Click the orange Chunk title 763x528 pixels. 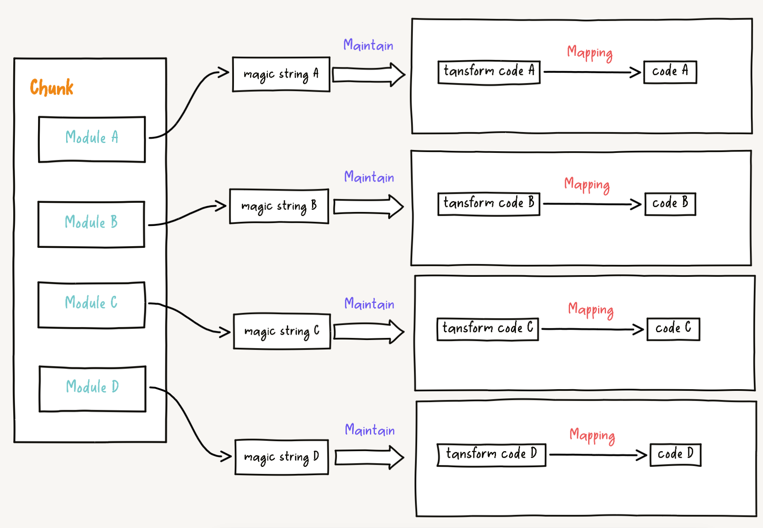[52, 88]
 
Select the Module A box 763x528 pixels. [92, 139]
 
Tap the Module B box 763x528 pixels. [91, 224]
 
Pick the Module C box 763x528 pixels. [91, 304]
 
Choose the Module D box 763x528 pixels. [93, 388]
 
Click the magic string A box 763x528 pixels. [281, 74]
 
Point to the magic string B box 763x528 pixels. [279, 206]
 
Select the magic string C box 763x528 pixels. [282, 331]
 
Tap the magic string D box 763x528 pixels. [282, 457]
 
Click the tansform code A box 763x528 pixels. [489, 72]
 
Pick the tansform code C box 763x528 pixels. [488, 329]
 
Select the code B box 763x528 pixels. [670, 204]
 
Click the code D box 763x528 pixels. [675, 454]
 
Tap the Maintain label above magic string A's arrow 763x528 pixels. [368, 45]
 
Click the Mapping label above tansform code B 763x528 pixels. [587, 185]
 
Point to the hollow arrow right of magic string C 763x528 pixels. [368, 331]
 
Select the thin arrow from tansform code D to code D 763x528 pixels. [597, 455]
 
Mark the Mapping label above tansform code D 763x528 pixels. [592, 435]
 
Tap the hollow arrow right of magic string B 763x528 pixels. [368, 206]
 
